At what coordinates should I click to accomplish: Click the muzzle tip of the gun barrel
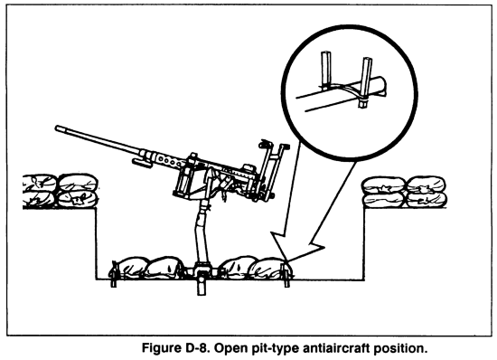pyautogui.click(x=57, y=128)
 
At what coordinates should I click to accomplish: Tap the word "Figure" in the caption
pyautogui.click(x=161, y=348)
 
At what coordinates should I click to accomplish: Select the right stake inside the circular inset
pyautogui.click(x=366, y=81)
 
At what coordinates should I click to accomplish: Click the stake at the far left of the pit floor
pyautogui.click(x=114, y=275)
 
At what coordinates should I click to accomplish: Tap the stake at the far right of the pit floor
pyautogui.click(x=286, y=275)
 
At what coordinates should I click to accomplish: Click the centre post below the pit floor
pyautogui.click(x=201, y=286)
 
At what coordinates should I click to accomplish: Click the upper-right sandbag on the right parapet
pyautogui.click(x=426, y=185)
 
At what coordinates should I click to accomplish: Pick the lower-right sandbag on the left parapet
pyautogui.click(x=78, y=199)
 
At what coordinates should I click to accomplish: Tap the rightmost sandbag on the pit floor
pyautogui.click(x=269, y=269)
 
